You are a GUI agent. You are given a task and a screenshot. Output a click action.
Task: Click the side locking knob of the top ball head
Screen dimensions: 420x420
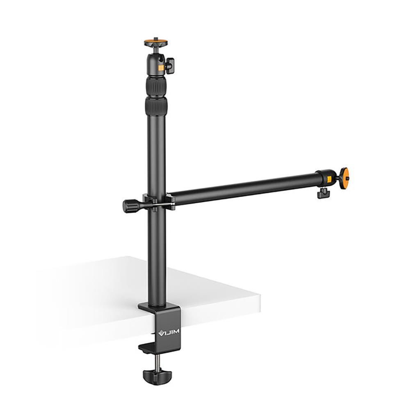(170, 65)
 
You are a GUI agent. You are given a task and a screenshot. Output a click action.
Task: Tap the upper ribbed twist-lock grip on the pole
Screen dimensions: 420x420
(156, 87)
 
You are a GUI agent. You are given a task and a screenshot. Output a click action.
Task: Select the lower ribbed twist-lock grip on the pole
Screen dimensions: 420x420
(156, 106)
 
